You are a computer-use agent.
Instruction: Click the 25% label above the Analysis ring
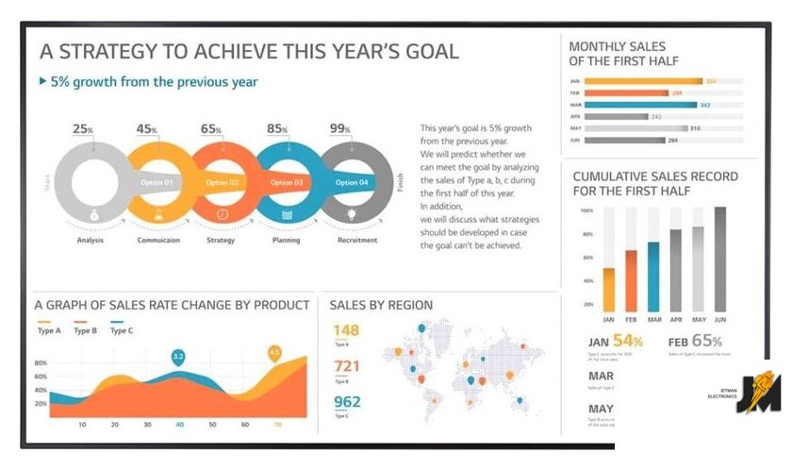[x=83, y=129]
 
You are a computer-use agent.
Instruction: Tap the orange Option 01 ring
[x=157, y=182]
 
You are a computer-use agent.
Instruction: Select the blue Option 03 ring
[x=286, y=182]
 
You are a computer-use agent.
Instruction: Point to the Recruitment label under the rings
[x=357, y=240]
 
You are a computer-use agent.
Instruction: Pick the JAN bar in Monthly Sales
[x=643, y=81]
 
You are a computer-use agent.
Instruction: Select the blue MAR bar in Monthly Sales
[x=640, y=105]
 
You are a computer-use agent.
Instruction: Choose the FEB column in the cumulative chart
[x=632, y=279]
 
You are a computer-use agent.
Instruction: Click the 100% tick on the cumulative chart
[x=586, y=210]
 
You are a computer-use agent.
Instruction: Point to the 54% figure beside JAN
[x=627, y=341]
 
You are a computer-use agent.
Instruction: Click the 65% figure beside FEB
[x=707, y=341]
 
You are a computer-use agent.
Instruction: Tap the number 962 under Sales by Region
[x=347, y=402]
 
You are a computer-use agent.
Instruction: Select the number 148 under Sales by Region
[x=347, y=330]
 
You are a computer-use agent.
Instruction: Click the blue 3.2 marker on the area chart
[x=178, y=357]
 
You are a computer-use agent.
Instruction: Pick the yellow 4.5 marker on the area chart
[x=274, y=352]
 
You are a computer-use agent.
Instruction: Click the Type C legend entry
[x=122, y=330]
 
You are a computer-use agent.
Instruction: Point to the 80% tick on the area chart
[x=41, y=363]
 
